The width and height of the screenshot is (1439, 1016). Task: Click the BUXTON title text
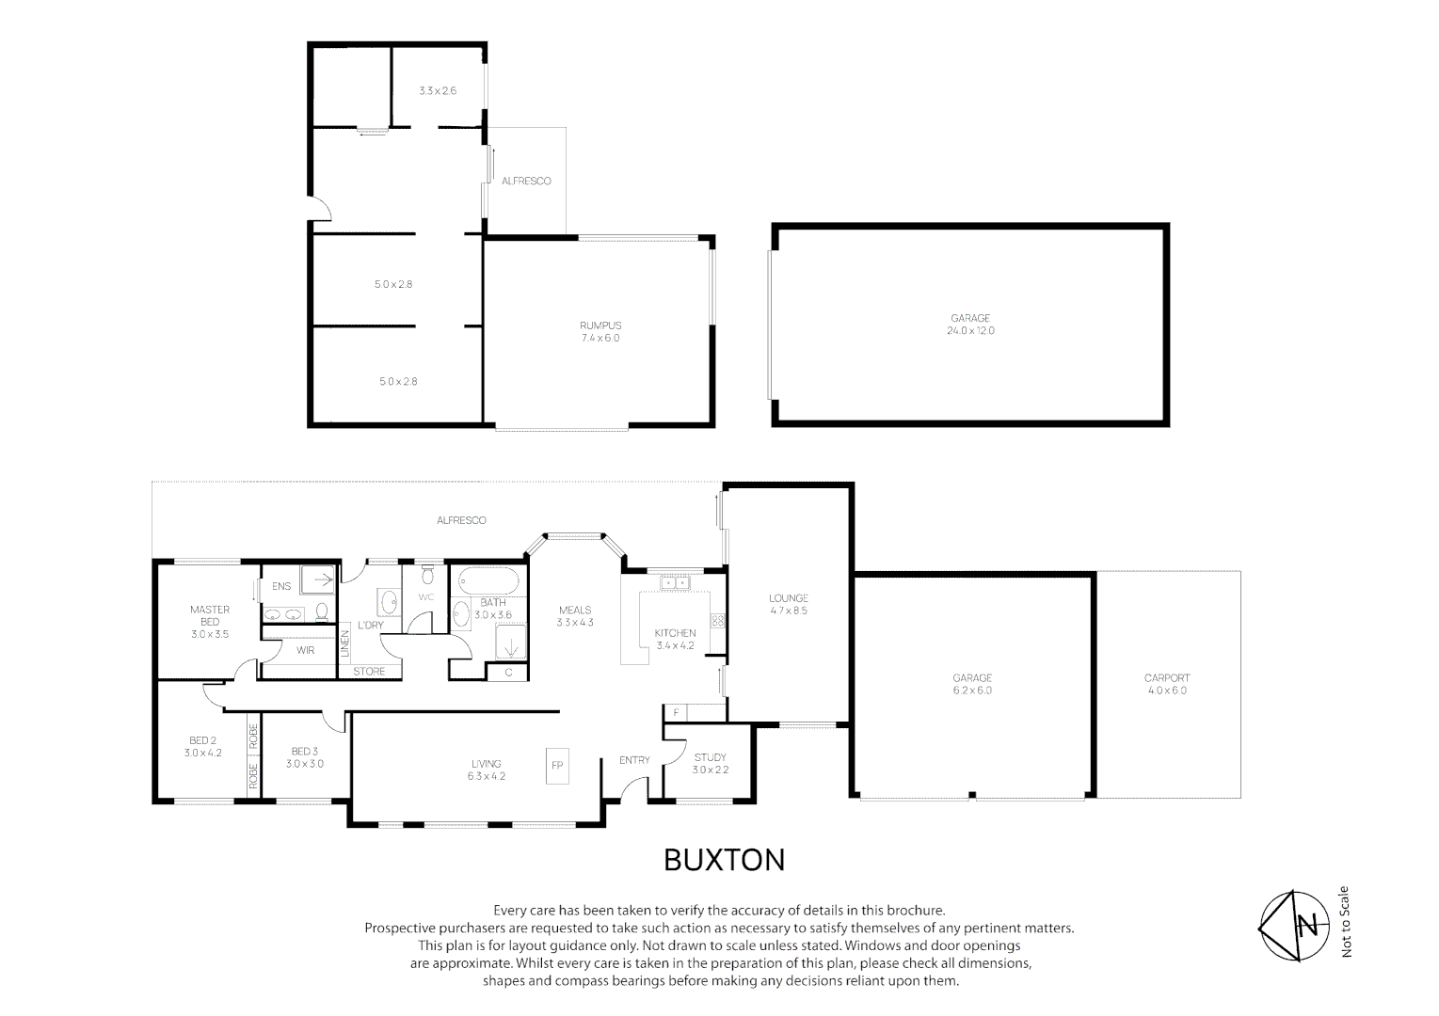pyautogui.click(x=724, y=860)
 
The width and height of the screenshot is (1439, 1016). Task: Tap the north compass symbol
pyautogui.click(x=1293, y=925)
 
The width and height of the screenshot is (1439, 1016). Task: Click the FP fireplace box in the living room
pyautogui.click(x=557, y=766)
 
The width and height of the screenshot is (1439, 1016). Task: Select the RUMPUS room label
pyautogui.click(x=600, y=325)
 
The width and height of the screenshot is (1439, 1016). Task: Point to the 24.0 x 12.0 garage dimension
pyautogui.click(x=970, y=331)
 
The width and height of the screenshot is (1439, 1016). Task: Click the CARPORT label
pyautogui.click(x=1167, y=677)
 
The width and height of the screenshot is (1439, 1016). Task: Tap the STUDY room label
pyautogui.click(x=710, y=757)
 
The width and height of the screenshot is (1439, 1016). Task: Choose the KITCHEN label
pyautogui.click(x=675, y=632)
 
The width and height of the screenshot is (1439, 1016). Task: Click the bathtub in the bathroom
pyautogui.click(x=488, y=581)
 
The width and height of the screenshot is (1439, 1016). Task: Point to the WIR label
pyautogui.click(x=305, y=650)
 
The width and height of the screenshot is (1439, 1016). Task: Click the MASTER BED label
pyautogui.click(x=210, y=615)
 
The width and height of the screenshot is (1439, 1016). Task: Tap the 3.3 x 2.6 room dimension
pyautogui.click(x=438, y=90)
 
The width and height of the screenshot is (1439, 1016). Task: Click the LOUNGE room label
pyautogui.click(x=789, y=598)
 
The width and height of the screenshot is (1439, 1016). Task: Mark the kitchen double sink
pyautogui.click(x=675, y=582)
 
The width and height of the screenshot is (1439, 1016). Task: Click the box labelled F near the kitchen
pyautogui.click(x=675, y=712)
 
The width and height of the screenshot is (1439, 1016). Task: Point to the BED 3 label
pyautogui.click(x=305, y=751)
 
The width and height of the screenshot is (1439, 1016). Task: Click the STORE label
pyautogui.click(x=369, y=671)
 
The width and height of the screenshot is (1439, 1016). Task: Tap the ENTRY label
pyautogui.click(x=634, y=760)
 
